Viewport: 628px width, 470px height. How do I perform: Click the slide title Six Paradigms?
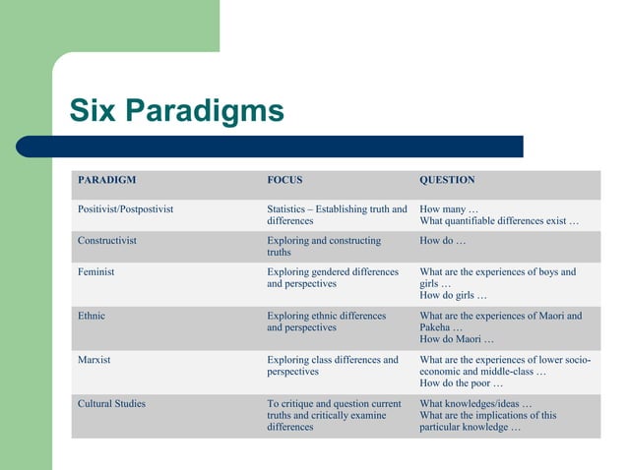point(176,109)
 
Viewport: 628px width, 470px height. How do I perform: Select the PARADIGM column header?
point(106,180)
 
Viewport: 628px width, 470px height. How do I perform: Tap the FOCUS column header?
point(284,180)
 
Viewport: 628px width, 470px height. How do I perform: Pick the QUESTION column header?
point(447,180)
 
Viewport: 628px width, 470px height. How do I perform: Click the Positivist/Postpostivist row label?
point(125,209)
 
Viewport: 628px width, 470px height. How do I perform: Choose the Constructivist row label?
point(106,240)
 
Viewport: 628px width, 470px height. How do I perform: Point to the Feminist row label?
point(95,271)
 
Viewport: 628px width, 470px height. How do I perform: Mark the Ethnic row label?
point(92,316)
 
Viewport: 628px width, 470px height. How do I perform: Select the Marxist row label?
point(94,360)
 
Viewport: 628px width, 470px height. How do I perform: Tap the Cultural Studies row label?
point(111,403)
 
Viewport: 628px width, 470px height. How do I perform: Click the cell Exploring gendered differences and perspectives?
point(333,277)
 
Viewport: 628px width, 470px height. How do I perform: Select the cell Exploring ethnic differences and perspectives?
point(326,322)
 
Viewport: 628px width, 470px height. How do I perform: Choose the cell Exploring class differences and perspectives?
point(333,366)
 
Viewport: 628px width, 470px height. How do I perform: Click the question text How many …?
point(448,209)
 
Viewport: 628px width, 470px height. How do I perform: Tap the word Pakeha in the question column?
point(436,327)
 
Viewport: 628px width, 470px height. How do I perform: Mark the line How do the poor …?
point(461,383)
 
